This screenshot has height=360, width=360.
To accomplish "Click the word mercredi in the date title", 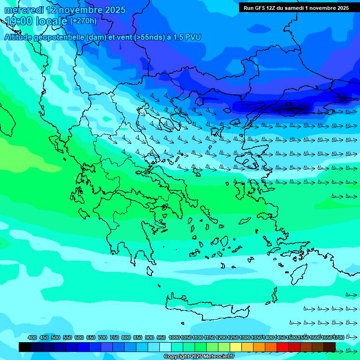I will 24,10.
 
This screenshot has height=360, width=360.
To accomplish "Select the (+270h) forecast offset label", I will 83,21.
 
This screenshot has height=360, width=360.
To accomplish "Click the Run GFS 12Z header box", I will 296,7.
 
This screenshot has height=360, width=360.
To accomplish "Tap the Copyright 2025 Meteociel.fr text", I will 199,356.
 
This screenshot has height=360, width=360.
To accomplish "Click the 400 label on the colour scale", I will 32,338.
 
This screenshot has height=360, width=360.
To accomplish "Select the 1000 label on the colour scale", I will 174,338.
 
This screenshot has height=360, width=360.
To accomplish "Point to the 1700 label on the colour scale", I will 338,338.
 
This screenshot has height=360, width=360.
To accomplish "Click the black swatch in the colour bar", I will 25,347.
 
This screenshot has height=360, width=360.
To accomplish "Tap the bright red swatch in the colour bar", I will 283,347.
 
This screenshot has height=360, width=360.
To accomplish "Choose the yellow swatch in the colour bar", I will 236,347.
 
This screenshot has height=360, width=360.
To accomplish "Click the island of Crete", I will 206,305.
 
